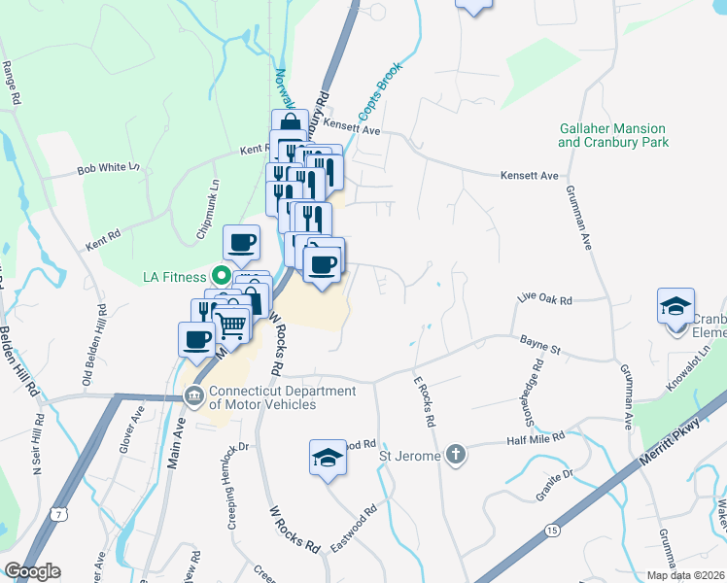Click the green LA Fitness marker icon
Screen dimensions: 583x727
221,277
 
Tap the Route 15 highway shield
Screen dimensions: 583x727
551,531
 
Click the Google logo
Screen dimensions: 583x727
32,571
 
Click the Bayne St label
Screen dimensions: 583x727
540,346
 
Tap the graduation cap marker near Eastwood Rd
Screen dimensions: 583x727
328,457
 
